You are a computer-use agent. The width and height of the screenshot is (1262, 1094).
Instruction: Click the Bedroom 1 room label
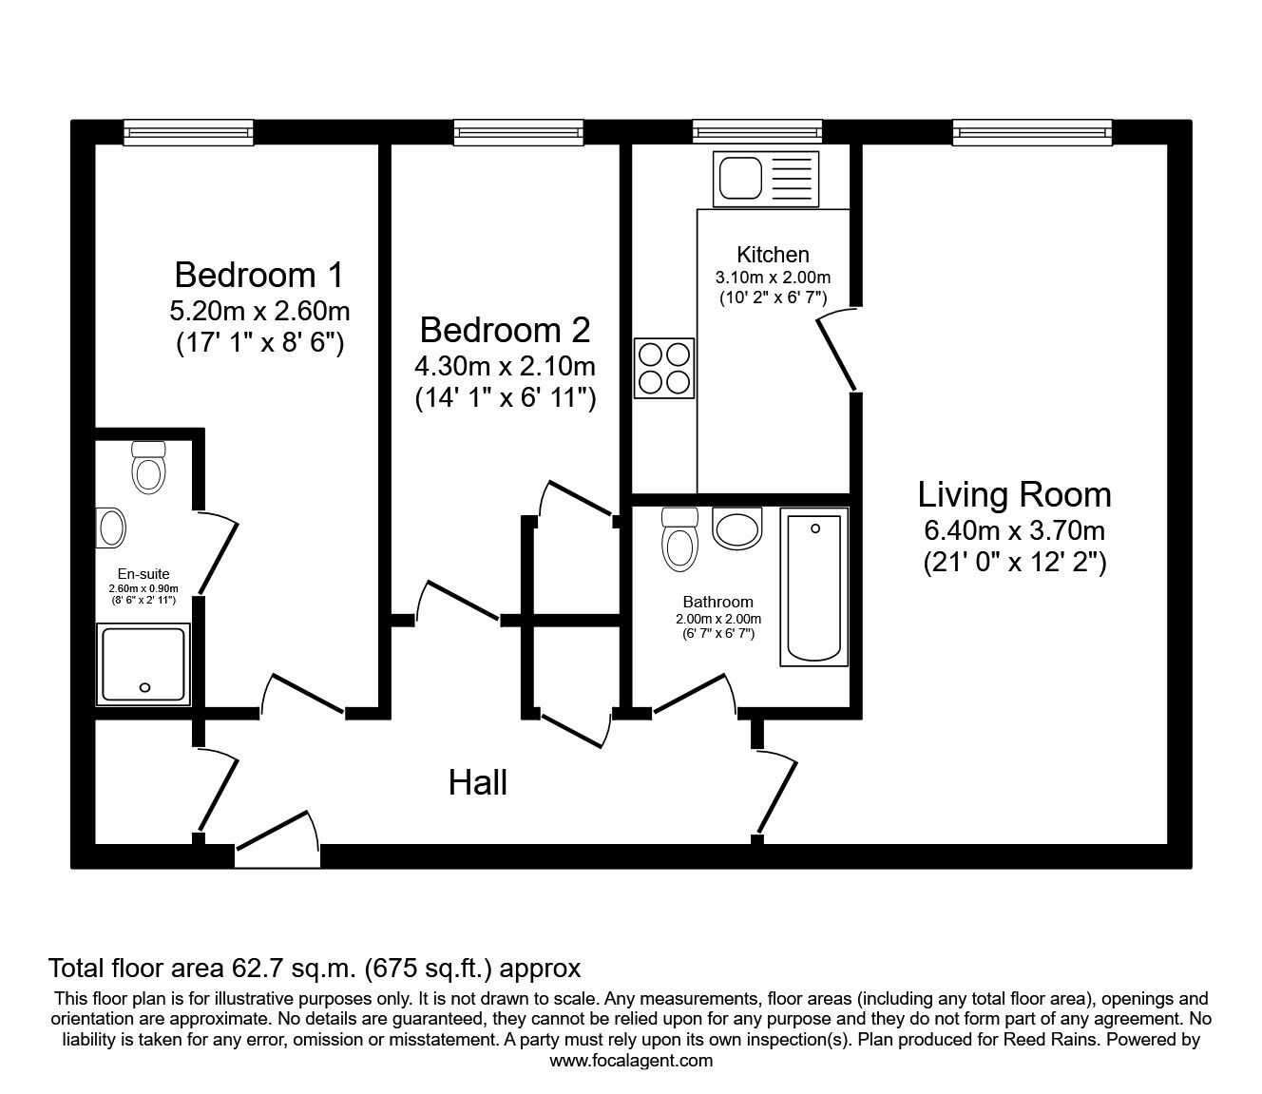point(259,275)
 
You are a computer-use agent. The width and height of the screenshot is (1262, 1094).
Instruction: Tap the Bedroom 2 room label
point(505,330)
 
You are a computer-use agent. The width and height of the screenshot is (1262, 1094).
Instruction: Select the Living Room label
point(1014,495)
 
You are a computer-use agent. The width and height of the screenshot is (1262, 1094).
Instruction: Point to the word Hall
point(477,782)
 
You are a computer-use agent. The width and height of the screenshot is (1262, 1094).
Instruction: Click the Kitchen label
point(773,254)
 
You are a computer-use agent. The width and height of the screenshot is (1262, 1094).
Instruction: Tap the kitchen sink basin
point(740,179)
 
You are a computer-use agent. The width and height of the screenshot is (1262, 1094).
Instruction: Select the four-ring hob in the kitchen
point(664,369)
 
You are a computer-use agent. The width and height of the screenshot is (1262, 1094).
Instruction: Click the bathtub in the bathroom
point(813,587)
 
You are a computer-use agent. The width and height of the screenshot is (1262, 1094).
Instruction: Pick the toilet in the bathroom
point(679,539)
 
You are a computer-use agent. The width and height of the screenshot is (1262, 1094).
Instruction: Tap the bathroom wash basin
point(736,528)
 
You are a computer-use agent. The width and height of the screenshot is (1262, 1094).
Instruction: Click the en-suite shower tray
point(143,664)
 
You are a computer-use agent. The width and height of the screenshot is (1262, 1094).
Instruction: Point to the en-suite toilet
point(149,468)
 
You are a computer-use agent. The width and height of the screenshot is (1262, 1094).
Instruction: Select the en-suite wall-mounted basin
point(110,528)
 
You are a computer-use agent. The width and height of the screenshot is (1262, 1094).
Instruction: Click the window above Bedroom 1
point(189,132)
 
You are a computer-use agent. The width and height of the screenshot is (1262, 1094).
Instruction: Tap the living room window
point(1032,132)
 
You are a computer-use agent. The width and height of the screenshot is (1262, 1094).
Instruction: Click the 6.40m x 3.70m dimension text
point(1014,530)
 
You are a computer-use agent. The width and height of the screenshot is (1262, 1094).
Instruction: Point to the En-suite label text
point(143,574)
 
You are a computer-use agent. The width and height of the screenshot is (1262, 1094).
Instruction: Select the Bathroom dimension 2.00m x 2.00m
point(718,619)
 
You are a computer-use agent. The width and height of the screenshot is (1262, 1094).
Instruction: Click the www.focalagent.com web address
point(631,1061)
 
